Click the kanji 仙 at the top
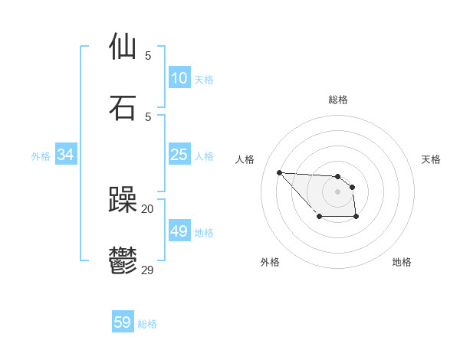(x=123, y=47)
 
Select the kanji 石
(x=123, y=107)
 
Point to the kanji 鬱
(x=123, y=260)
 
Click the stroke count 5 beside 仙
(x=148, y=56)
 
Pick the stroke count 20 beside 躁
(x=148, y=209)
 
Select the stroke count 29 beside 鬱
(x=148, y=270)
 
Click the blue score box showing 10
(x=179, y=78)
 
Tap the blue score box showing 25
(x=179, y=155)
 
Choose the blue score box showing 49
(x=179, y=231)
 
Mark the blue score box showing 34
(x=66, y=155)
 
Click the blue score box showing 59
(x=123, y=322)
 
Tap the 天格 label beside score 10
(x=204, y=79)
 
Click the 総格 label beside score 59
(x=147, y=324)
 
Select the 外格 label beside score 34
(x=41, y=156)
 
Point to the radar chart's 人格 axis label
(x=245, y=159)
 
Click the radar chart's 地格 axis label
(x=402, y=262)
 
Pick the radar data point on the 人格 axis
(x=279, y=172)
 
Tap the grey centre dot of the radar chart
(x=337, y=191)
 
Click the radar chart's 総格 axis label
(x=338, y=100)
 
